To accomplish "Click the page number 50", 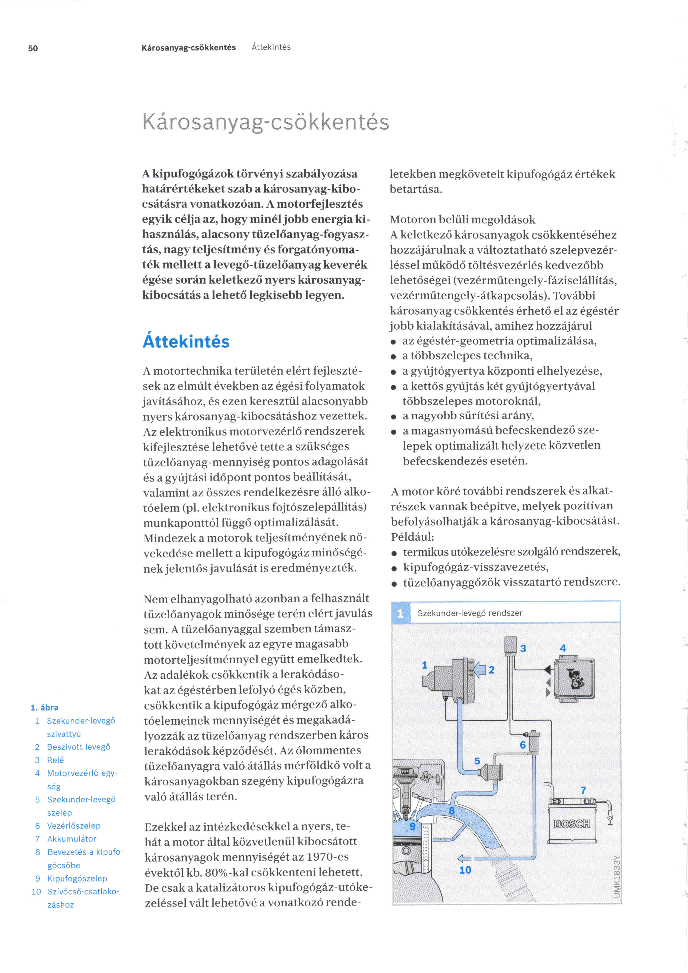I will pyautogui.click(x=33, y=48).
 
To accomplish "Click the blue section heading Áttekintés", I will pyautogui.click(x=186, y=342).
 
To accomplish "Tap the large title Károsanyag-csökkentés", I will pyautogui.click(x=265, y=122).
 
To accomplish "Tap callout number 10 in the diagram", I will pyautogui.click(x=465, y=870).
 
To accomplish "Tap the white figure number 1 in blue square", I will pyautogui.click(x=400, y=613).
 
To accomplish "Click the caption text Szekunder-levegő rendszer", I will pyautogui.click(x=469, y=613).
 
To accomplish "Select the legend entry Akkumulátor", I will pyautogui.click(x=72, y=839).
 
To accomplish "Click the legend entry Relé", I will pyautogui.click(x=55, y=760).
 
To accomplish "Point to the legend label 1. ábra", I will pyautogui.click(x=44, y=707).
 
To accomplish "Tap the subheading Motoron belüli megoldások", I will pyautogui.click(x=462, y=219).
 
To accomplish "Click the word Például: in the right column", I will pyautogui.click(x=412, y=537).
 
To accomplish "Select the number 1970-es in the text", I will pyautogui.click(x=326, y=857).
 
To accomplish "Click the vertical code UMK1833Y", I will pyautogui.click(x=617, y=876).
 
